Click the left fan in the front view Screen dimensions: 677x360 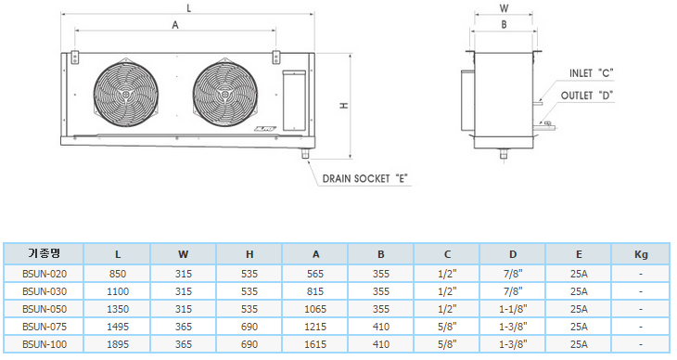click(x=125, y=94)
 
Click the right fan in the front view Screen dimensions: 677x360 click(x=225, y=94)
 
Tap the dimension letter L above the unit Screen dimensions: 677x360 click(x=188, y=8)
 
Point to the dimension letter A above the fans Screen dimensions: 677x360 click(x=175, y=25)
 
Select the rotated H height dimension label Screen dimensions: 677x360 click(x=344, y=106)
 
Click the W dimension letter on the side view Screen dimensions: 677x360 click(x=504, y=8)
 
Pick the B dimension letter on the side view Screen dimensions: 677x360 click(x=504, y=25)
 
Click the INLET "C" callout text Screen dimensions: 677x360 click(x=591, y=73)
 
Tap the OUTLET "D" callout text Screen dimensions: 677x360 click(x=587, y=96)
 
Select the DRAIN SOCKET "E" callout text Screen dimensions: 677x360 click(x=365, y=178)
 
